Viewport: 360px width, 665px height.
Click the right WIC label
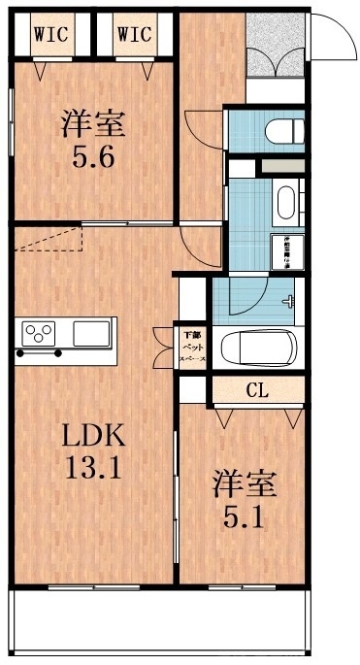pyautogui.click(x=134, y=34)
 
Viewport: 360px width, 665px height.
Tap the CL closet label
pyautogui.click(x=257, y=391)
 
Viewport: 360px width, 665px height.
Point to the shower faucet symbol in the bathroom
pyautogui.click(x=288, y=302)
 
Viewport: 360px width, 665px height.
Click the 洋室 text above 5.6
pyautogui.click(x=95, y=124)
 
